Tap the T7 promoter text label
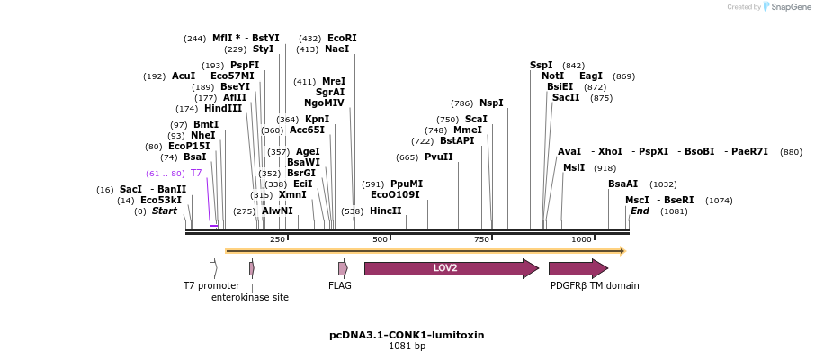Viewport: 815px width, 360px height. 211,286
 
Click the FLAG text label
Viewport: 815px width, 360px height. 340,286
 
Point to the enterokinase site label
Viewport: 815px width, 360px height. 250,298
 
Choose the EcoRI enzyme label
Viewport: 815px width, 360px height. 342,39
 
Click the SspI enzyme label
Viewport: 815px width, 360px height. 542,66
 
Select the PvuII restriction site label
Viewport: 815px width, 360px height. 438,157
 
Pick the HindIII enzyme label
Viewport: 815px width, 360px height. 223,109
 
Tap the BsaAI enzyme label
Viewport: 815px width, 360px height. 622,184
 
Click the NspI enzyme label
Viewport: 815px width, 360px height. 491,103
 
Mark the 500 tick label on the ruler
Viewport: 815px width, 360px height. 380,239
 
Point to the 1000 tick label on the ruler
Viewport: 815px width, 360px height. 581,239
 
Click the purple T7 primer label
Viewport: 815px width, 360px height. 195,174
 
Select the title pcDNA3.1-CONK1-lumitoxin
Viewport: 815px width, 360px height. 407,335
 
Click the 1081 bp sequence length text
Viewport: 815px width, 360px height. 407,346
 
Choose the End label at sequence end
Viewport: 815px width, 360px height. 640,211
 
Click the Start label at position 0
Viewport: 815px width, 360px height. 164,211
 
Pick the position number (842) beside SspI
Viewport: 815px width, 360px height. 573,66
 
